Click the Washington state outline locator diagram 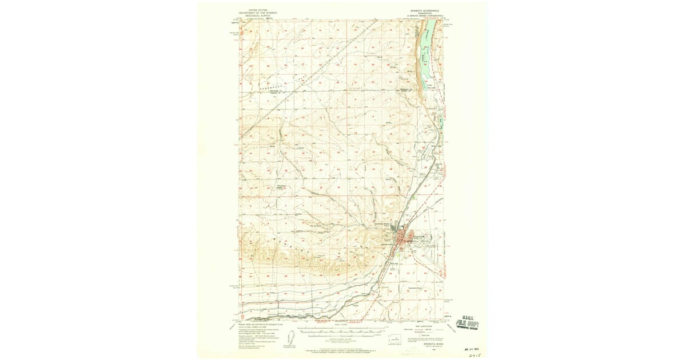click(394, 338)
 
